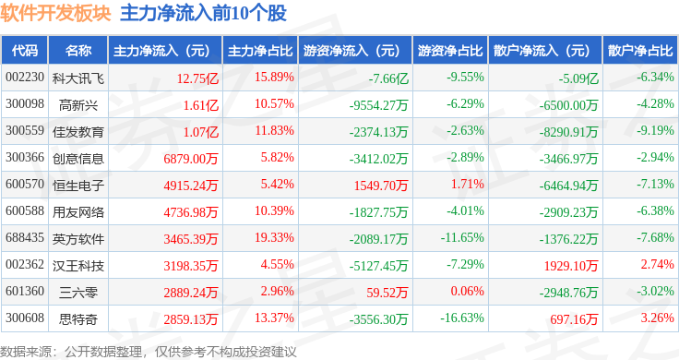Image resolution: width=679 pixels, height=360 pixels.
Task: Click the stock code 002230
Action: [24, 77]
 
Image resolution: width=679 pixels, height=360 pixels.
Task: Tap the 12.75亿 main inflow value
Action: [194, 77]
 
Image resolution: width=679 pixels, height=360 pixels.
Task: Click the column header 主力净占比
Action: [260, 50]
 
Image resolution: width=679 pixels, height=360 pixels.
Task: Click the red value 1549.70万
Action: [382, 185]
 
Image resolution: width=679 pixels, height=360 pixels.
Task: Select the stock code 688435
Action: [24, 238]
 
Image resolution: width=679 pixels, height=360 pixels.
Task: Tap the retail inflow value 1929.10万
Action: [572, 265]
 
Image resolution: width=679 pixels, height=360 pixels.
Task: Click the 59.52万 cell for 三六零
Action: [387, 292]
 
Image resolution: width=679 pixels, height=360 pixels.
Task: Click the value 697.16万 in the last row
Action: [574, 318]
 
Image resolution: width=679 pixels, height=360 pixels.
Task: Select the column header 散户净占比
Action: [640, 50]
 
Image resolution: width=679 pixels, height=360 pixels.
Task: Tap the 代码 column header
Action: [26, 50]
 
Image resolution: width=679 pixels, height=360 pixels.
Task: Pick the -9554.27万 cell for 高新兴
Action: [379, 103]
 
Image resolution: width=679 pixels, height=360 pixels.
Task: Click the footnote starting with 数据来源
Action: [148, 351]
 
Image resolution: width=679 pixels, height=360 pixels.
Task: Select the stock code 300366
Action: [24, 158]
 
